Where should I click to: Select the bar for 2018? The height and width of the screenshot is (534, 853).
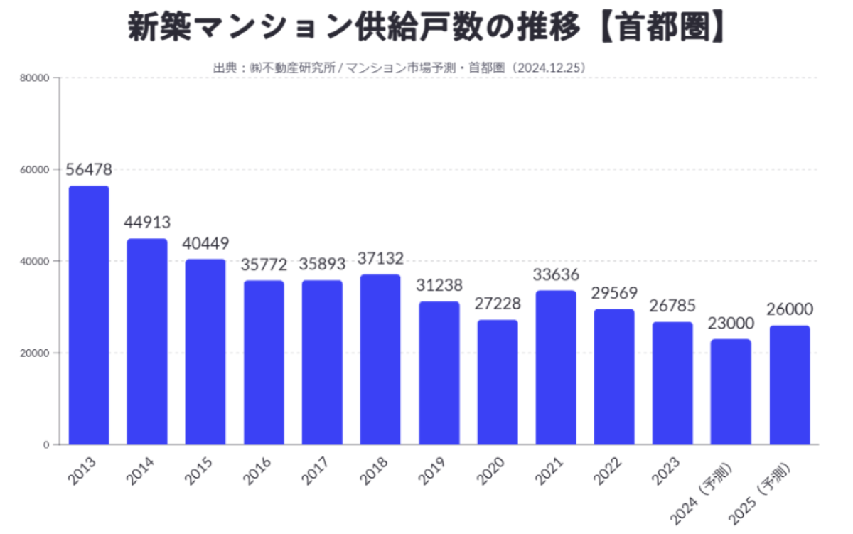(380, 359)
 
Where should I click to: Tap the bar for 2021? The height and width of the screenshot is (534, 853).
(555, 367)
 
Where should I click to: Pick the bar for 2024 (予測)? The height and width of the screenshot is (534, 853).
(731, 392)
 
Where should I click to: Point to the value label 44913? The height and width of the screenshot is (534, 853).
(147, 222)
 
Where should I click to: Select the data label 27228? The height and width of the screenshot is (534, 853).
(498, 304)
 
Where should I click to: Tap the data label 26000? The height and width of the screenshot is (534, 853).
(789, 309)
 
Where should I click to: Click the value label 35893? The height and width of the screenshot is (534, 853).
(322, 264)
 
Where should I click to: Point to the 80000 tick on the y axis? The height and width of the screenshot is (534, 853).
(35, 78)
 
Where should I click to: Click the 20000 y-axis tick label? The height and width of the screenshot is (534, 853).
(35, 353)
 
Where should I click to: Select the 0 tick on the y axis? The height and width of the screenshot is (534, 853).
(46, 445)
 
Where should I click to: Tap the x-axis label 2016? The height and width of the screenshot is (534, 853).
(257, 471)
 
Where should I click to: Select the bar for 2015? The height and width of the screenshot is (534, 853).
(205, 352)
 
